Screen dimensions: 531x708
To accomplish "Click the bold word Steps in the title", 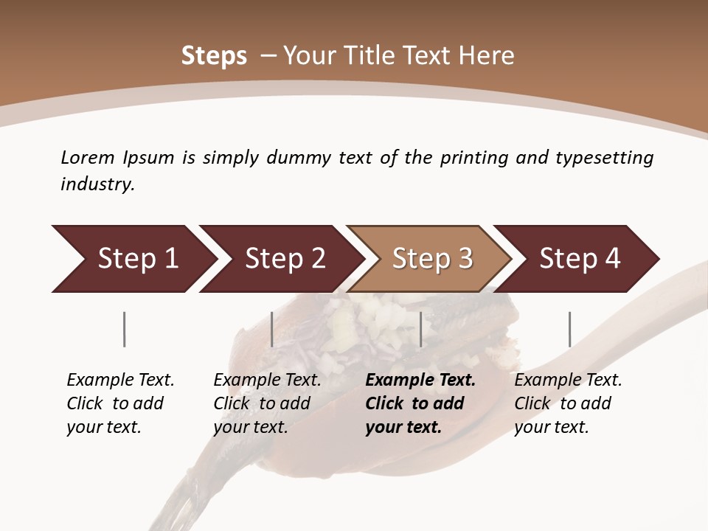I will tap(214, 56).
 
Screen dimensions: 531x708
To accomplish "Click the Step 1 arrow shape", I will tap(133, 259).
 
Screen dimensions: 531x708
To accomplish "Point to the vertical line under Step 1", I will tap(125, 329).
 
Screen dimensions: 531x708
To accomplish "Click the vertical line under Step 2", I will tap(272, 329).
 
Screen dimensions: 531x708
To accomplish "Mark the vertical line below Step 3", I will tap(420, 329).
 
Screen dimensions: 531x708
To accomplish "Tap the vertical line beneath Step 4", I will tap(569, 329).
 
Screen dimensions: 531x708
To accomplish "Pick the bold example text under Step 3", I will tap(420, 403).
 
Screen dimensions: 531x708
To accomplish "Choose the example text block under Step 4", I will tap(568, 403).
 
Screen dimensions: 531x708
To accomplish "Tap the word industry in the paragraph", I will tap(97, 184).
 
